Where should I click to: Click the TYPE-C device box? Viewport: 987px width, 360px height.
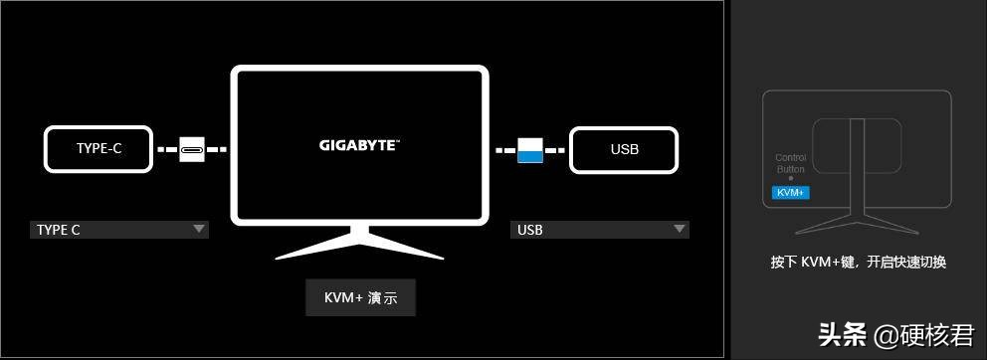[99, 149]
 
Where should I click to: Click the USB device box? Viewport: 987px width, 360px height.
[624, 149]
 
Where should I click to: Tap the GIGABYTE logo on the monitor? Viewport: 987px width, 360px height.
[359, 144]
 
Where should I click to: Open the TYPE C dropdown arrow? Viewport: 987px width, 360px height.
[199, 230]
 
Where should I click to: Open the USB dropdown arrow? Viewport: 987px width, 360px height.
[680, 230]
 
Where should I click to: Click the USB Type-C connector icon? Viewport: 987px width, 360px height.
[192, 150]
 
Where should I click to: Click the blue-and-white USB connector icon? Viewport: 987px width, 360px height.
[530, 150]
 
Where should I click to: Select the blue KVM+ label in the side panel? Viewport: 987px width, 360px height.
[791, 192]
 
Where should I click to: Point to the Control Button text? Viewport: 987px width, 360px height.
[790, 164]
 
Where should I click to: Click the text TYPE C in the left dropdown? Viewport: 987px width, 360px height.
[59, 230]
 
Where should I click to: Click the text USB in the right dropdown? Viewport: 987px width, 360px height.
[529, 230]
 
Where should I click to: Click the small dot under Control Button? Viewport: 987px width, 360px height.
[790, 179]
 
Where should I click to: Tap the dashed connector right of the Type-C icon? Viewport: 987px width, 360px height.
[217, 150]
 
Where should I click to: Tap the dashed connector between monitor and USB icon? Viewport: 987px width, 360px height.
[505, 150]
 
